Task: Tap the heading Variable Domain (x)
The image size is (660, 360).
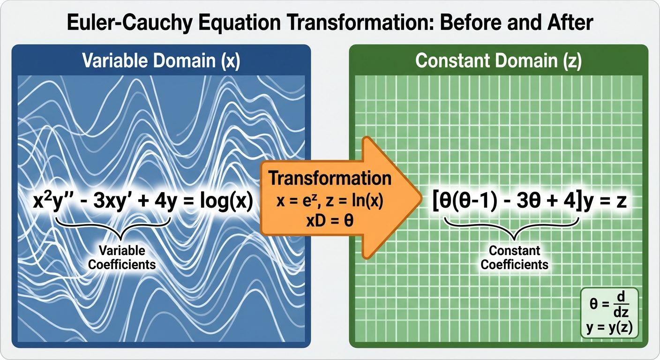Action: (161, 62)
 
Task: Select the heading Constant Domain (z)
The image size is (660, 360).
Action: (499, 62)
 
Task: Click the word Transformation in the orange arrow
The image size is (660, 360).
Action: (330, 178)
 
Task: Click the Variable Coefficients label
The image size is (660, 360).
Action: (122, 257)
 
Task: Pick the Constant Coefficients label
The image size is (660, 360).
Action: (514, 257)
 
